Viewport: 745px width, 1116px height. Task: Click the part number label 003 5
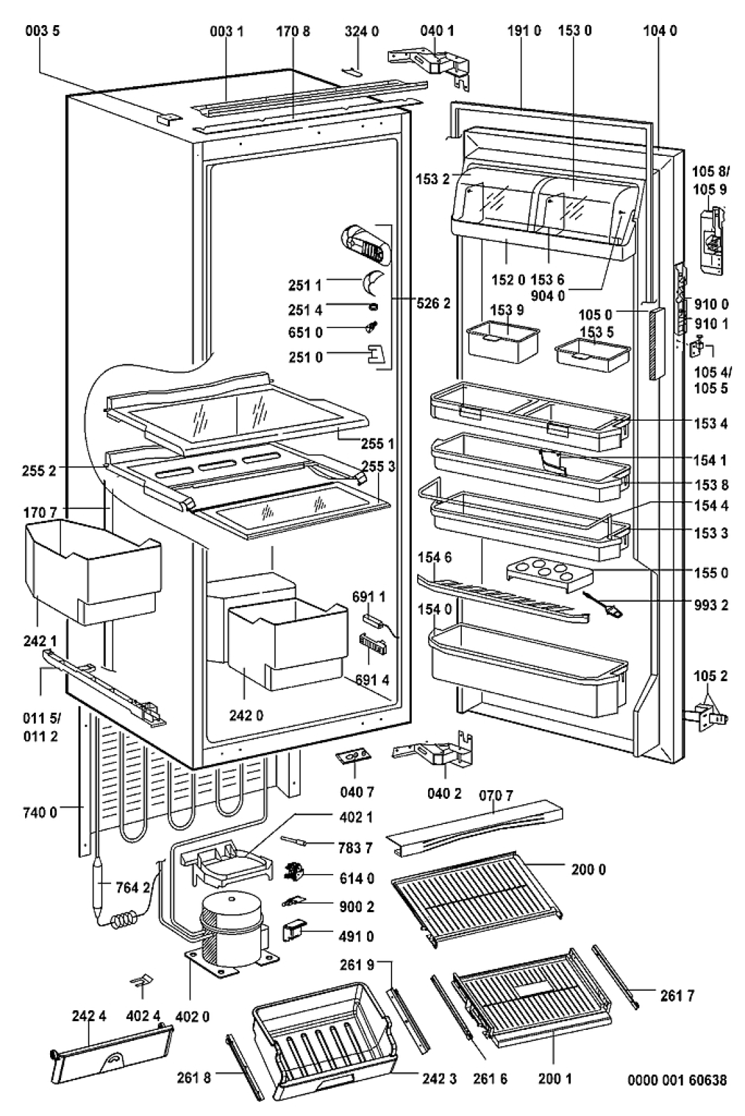point(43,31)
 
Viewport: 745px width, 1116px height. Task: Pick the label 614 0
point(356,878)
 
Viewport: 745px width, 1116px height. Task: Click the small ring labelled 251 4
point(372,308)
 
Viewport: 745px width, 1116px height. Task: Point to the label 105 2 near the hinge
point(710,676)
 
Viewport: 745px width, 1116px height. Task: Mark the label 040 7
point(356,791)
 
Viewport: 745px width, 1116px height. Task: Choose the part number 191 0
point(524,31)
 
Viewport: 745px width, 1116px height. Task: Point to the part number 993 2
point(710,605)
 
